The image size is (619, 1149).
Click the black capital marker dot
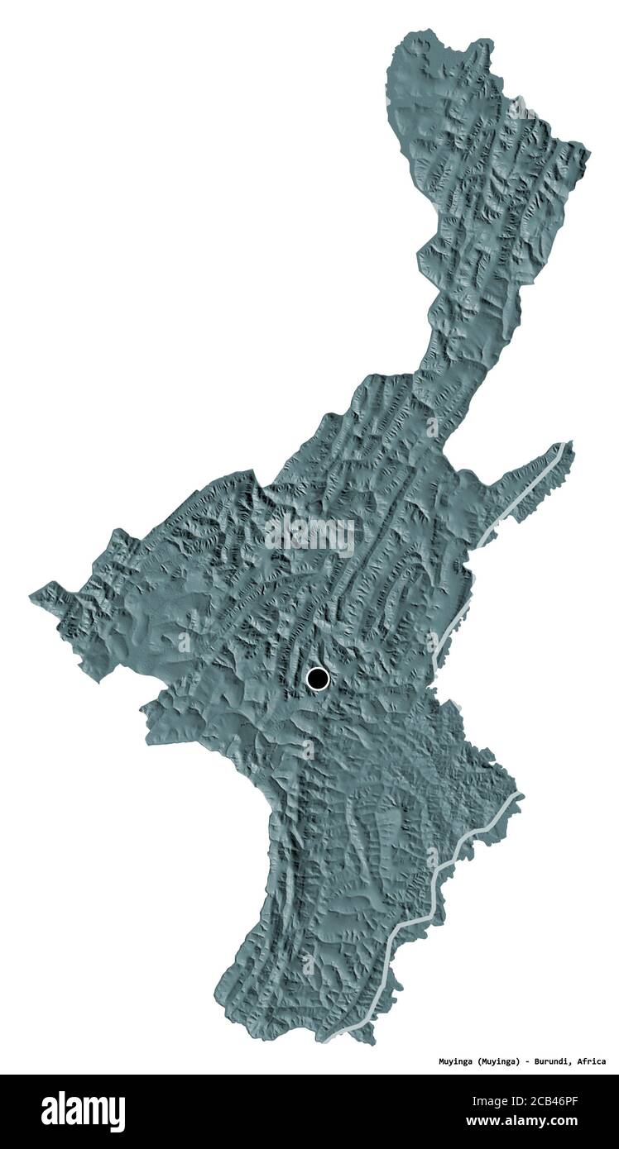coord(317,679)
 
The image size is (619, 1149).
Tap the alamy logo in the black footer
coord(84,1111)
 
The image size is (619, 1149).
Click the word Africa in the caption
coord(591,1061)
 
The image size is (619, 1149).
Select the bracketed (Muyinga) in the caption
coord(502,1061)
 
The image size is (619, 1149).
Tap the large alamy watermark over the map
coord(309,535)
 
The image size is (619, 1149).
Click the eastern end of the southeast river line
coord(521,795)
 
